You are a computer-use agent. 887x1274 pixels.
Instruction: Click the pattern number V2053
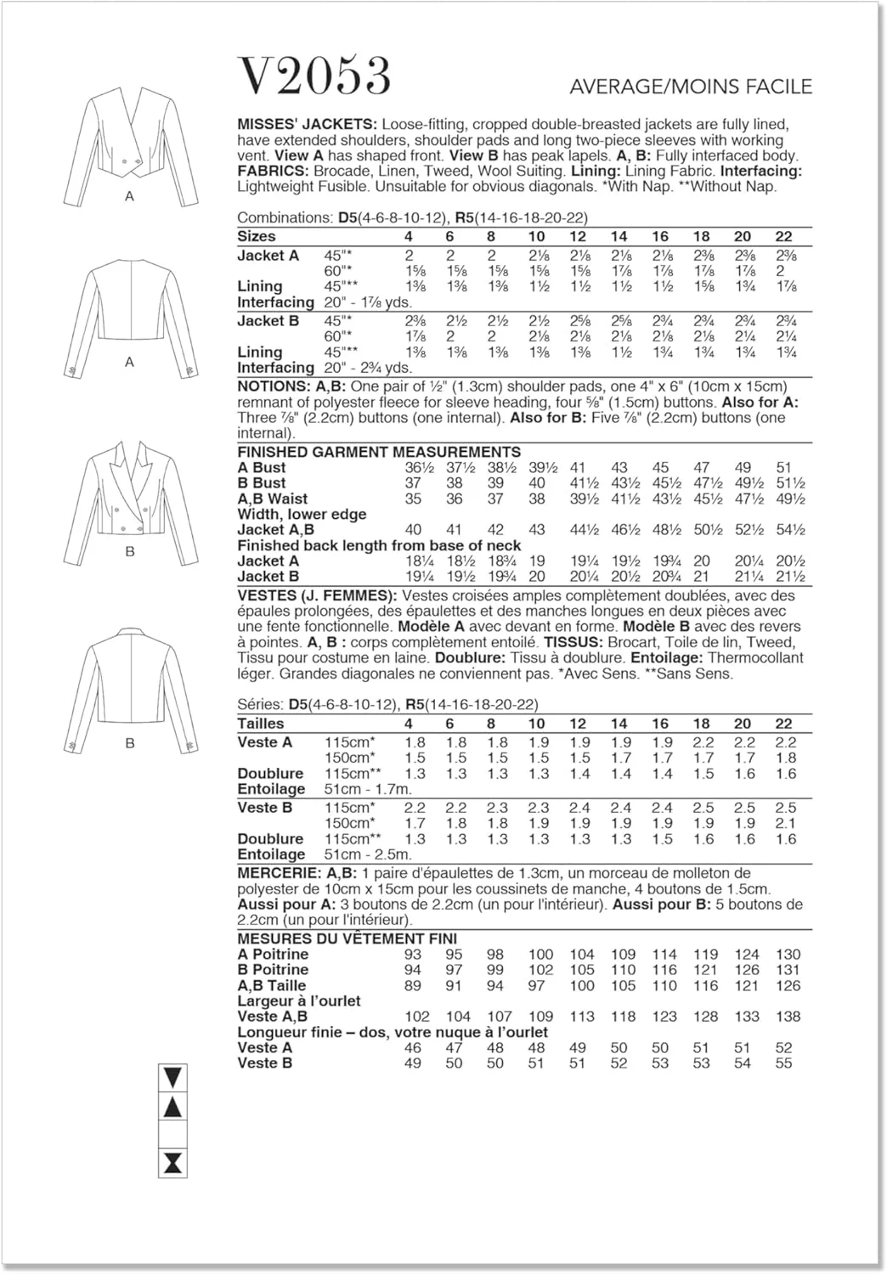[x=314, y=76]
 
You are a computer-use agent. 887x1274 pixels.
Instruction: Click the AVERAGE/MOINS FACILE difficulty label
[x=691, y=87]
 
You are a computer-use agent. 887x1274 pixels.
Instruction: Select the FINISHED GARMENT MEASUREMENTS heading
[x=379, y=452]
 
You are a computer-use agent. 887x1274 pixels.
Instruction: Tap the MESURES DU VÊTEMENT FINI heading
[x=347, y=939]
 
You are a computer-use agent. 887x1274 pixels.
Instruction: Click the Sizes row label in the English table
[x=257, y=236]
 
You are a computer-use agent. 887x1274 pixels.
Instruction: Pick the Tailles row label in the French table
[x=261, y=724]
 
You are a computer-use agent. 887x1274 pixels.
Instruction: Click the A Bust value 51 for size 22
[x=783, y=467]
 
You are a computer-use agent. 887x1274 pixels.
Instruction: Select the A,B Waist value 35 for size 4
[x=413, y=499]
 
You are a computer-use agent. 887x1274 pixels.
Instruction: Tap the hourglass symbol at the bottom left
[x=172, y=1163]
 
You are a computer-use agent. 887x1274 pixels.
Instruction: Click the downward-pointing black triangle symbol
[x=172, y=1079]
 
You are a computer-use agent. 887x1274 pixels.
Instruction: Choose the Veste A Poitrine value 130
[x=787, y=955]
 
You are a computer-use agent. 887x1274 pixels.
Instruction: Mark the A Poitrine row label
[x=273, y=955]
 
